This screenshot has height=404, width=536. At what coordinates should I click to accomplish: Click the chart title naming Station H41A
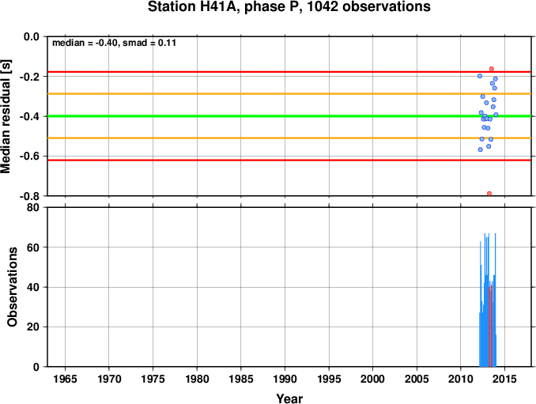tap(289, 6)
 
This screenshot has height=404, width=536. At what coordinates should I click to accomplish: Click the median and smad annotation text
tap(114, 43)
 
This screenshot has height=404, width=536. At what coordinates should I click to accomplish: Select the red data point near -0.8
tap(489, 194)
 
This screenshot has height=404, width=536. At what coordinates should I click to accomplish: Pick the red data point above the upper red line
tap(492, 69)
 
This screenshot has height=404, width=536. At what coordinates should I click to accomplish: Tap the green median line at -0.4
tap(289, 116)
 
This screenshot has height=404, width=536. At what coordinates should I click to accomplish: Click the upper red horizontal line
tap(289, 72)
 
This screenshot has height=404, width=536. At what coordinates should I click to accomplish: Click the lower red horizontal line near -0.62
tap(289, 160)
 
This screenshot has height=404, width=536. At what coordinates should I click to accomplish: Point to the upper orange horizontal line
tap(289, 93)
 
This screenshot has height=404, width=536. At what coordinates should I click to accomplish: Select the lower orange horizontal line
tap(289, 138)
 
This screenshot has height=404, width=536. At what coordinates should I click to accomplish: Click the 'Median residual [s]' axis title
tap(6, 116)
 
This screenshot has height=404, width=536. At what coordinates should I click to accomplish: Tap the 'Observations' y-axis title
tap(13, 287)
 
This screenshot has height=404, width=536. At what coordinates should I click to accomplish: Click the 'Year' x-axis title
tap(289, 398)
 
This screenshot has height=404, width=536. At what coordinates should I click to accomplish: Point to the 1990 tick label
tap(285, 379)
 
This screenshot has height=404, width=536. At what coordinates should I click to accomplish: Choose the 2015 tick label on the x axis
tap(504, 379)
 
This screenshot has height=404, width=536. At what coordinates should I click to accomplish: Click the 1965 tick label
tap(65, 379)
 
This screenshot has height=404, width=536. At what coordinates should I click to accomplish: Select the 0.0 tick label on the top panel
tap(32, 36)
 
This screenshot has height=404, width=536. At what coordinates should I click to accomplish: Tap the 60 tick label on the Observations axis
tap(33, 247)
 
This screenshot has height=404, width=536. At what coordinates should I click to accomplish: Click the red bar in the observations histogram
tap(490, 326)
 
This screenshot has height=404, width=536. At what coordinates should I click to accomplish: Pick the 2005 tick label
tap(417, 379)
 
